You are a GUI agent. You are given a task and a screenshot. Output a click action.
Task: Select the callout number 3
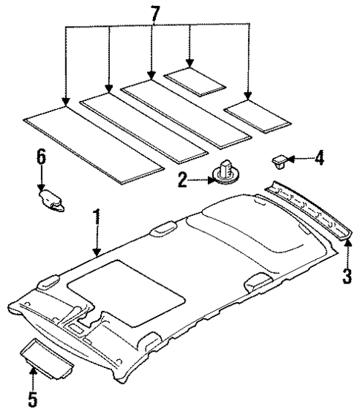click(345, 278)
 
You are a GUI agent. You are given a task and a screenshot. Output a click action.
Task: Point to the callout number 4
click(318, 157)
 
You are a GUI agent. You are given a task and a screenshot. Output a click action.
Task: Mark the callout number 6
click(41, 156)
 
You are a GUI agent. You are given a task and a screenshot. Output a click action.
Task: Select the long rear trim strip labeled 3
click(309, 211)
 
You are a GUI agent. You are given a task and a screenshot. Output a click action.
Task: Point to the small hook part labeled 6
click(51, 200)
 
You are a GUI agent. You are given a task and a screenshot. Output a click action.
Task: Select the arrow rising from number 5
click(33, 375)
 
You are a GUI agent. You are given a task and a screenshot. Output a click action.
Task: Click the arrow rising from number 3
click(346, 252)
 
